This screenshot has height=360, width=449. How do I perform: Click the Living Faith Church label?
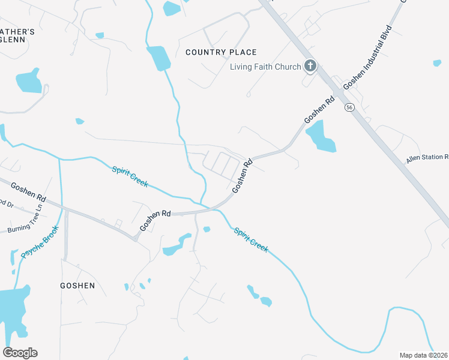click(265, 67)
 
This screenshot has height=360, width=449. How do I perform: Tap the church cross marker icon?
click(310, 66)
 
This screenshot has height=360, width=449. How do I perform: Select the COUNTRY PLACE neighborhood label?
click(221, 52)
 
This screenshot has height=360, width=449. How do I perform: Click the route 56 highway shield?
click(349, 107)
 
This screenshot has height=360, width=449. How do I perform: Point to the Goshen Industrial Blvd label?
click(368, 57)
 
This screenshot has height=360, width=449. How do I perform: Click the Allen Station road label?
click(427, 158)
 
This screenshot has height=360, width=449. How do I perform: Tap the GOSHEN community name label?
click(77, 286)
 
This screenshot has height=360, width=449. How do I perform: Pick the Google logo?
click(20, 352)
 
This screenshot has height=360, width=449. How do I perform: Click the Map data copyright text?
click(424, 355)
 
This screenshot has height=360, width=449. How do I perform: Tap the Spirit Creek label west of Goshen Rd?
click(130, 176)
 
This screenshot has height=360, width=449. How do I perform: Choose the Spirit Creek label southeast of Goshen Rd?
click(251, 239)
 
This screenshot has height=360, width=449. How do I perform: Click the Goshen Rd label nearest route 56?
click(319, 110)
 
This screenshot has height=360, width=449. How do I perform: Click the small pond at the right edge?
click(436, 62)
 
